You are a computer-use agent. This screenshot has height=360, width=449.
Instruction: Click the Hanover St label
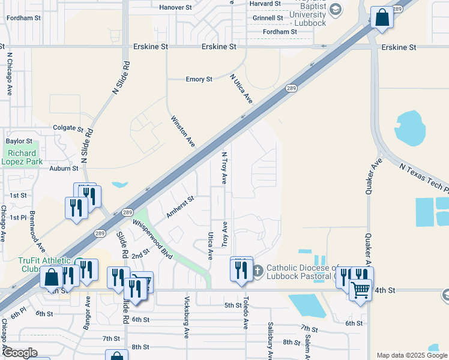pyautogui.click(x=175, y=8)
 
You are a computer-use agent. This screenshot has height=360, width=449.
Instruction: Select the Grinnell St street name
pyautogui.click(x=267, y=18)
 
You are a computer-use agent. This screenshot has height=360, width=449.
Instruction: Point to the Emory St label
pyautogui.click(x=199, y=79)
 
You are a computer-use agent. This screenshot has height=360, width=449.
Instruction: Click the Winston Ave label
pyautogui.click(x=184, y=131)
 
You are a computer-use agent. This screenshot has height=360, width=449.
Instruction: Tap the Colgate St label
pyautogui.click(x=68, y=128)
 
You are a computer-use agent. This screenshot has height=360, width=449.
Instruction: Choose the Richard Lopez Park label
pyautogui.click(x=21, y=158)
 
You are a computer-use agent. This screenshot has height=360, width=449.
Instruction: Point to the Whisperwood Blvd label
pyautogui.click(x=152, y=238)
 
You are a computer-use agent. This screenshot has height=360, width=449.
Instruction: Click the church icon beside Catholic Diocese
pyautogui.click(x=258, y=271)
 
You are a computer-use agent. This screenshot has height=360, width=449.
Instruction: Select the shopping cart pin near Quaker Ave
pyautogui.click(x=360, y=290)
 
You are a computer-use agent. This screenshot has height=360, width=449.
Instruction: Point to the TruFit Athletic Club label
pyautogui.click(x=36, y=265)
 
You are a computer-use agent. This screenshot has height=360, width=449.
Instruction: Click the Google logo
pyautogui.click(x=20, y=352)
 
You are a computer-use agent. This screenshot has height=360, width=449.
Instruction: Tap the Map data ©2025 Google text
pyautogui.click(x=412, y=355)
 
